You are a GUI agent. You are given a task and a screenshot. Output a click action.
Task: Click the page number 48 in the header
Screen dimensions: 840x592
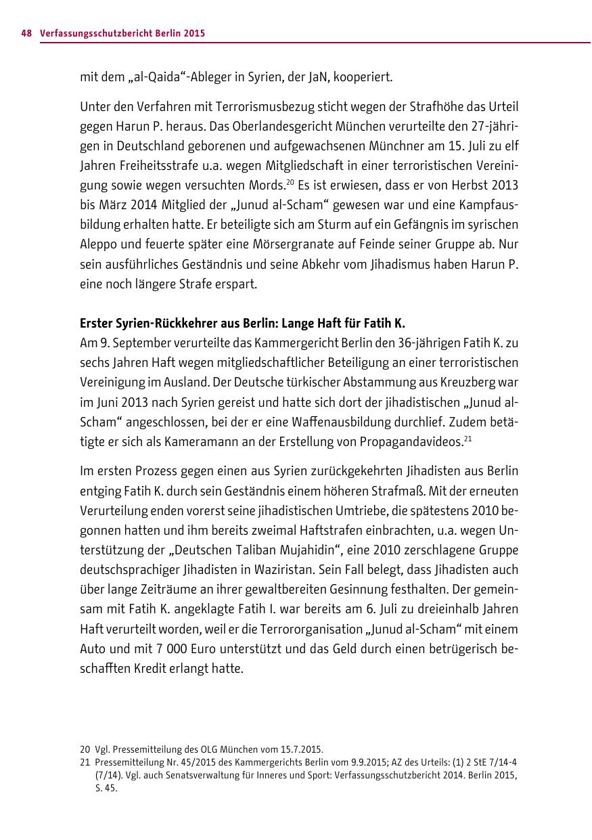click(26, 32)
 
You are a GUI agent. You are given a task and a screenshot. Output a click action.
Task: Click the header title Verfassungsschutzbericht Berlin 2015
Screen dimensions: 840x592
click(122, 32)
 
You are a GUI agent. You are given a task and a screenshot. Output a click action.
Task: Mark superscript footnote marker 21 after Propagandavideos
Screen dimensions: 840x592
click(467, 437)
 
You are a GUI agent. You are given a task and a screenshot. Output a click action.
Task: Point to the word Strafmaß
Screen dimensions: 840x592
click(394, 490)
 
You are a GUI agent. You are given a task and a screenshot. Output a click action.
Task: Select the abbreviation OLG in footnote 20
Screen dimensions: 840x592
click(211, 749)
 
